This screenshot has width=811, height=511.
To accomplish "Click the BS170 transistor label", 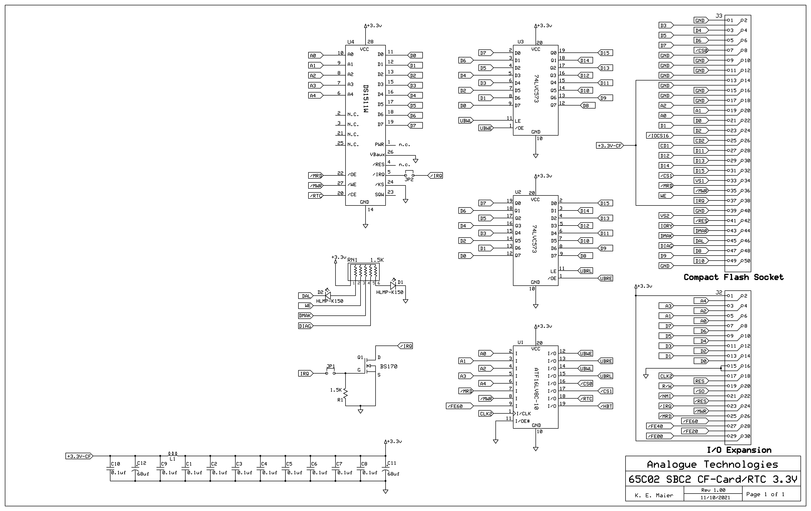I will click(389, 366).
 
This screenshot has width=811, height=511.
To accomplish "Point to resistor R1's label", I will click(340, 400).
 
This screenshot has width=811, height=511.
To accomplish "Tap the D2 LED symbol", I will click(328, 296).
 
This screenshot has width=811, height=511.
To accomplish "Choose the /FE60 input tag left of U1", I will click(455, 406).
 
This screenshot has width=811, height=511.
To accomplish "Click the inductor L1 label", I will click(172, 459).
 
